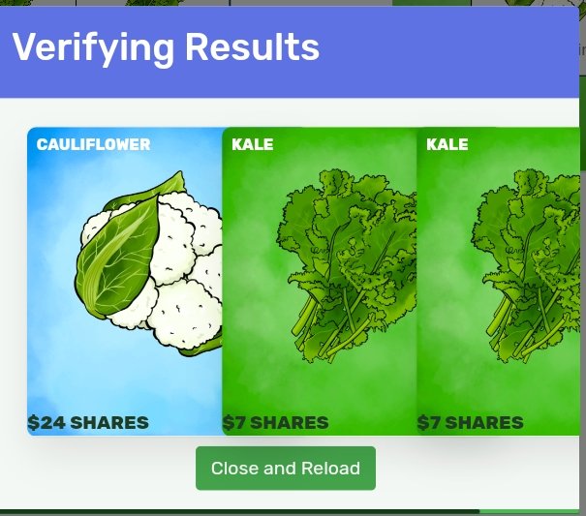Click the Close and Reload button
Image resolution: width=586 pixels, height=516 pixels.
click(286, 468)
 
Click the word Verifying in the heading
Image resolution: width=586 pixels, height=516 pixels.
click(93, 48)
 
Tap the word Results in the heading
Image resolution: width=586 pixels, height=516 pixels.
click(253, 46)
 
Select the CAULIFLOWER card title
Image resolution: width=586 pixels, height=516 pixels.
click(93, 144)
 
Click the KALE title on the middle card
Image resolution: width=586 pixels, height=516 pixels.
click(253, 144)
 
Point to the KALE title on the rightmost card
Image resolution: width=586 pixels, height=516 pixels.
click(447, 144)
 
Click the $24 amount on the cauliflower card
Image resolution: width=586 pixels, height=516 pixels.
click(46, 423)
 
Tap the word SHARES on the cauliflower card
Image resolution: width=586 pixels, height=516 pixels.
click(109, 423)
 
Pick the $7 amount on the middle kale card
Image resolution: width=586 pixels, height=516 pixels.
click(234, 423)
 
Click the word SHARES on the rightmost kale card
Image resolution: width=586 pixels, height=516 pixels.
click(484, 423)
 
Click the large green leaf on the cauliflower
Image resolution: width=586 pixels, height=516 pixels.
click(119, 254)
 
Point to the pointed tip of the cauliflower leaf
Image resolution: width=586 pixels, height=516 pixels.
click(182, 172)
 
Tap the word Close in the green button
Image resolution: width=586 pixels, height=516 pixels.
click(235, 468)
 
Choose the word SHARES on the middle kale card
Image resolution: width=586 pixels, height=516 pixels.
click(290, 423)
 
